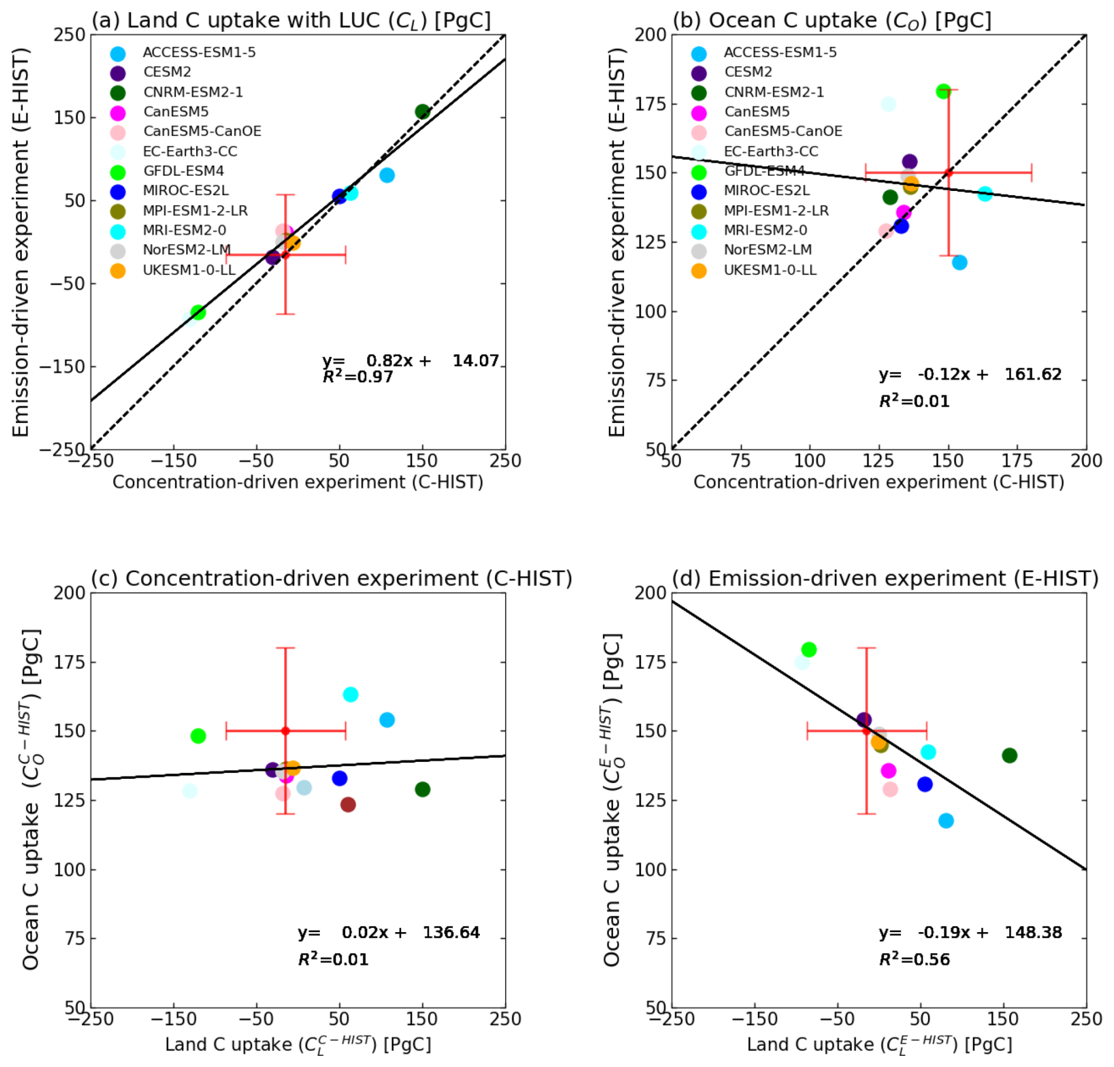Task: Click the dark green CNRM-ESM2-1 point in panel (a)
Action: (x=422, y=111)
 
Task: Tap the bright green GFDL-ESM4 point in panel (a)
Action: (x=198, y=312)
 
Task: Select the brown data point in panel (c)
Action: (x=348, y=804)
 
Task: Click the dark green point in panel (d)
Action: (x=1009, y=755)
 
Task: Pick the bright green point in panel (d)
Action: (x=809, y=649)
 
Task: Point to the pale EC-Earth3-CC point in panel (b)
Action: (x=888, y=104)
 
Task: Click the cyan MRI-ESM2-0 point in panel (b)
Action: (x=985, y=194)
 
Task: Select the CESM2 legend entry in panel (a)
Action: (x=167, y=72)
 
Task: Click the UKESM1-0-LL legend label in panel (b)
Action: (x=770, y=270)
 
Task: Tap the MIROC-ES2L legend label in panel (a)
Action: (x=185, y=190)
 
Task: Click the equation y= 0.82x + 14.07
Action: (x=410, y=361)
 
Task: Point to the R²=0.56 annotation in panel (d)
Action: (x=914, y=960)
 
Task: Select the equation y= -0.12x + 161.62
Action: (x=970, y=374)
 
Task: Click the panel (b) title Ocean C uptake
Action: (x=831, y=20)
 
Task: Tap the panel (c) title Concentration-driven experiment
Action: (x=331, y=579)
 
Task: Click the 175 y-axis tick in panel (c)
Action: (x=70, y=662)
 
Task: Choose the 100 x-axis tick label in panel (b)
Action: (x=810, y=460)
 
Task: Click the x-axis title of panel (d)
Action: (x=879, y=1045)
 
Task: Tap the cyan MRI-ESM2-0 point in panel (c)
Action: (x=350, y=695)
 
